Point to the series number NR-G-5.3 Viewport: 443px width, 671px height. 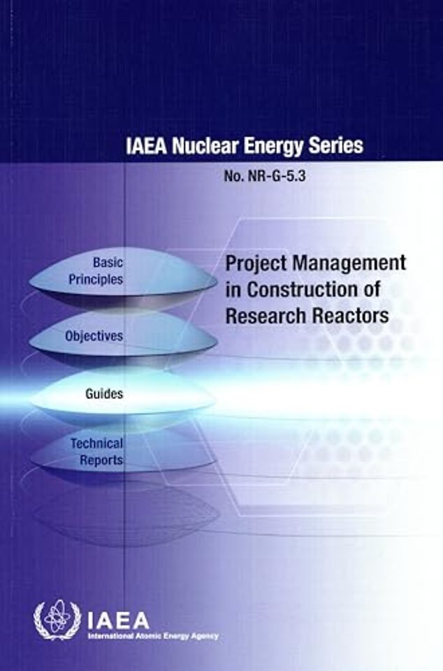click(x=276, y=176)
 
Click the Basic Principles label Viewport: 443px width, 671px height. click(x=96, y=271)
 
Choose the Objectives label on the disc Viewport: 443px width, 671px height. click(x=94, y=336)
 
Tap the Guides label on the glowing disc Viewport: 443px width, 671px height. click(x=104, y=394)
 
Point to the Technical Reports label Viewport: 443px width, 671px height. click(x=97, y=452)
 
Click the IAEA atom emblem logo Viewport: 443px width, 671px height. click(x=57, y=620)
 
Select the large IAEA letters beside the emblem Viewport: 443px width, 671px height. click(x=119, y=620)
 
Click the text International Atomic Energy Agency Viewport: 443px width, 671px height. click(x=153, y=636)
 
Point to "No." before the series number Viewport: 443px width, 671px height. click(x=233, y=176)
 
